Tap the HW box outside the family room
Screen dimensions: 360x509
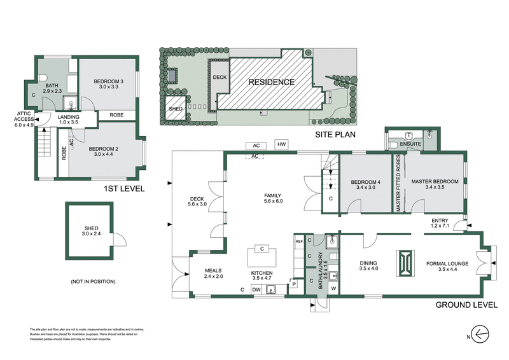[281, 144]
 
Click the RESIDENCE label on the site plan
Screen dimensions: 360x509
[271, 82]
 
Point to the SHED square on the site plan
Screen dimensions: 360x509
[176, 108]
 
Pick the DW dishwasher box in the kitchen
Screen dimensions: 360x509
[256, 290]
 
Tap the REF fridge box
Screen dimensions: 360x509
[299, 242]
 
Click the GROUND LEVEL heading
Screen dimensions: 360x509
[465, 305]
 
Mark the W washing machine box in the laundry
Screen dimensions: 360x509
[333, 289]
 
